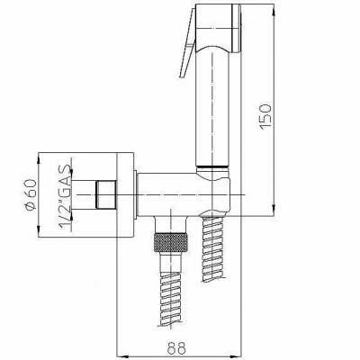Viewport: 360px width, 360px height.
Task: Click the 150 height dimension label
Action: (265, 116)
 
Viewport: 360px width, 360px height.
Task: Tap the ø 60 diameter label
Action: (31, 194)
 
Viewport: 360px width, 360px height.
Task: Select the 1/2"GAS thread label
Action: (66, 197)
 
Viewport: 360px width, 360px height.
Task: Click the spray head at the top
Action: (218, 28)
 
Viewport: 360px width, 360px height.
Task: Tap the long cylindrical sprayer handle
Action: (212, 108)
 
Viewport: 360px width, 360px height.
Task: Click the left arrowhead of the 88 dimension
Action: (121, 356)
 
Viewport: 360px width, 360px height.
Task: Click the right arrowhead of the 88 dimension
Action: (237, 356)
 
